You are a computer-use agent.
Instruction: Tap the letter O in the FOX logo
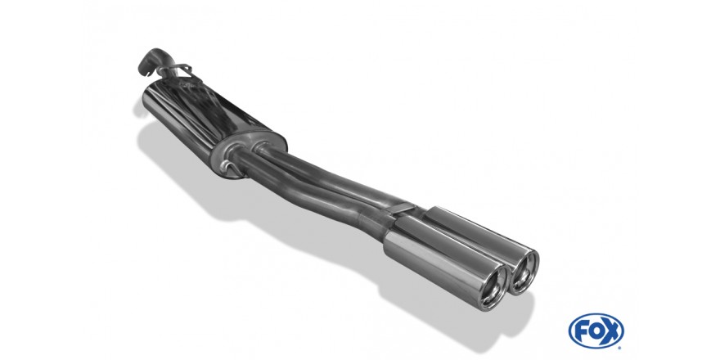pyautogui.click(x=596, y=331)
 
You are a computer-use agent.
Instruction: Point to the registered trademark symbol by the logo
pyautogui.click(x=621, y=344)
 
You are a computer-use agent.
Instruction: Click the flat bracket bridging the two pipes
pyautogui.click(x=400, y=209)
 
